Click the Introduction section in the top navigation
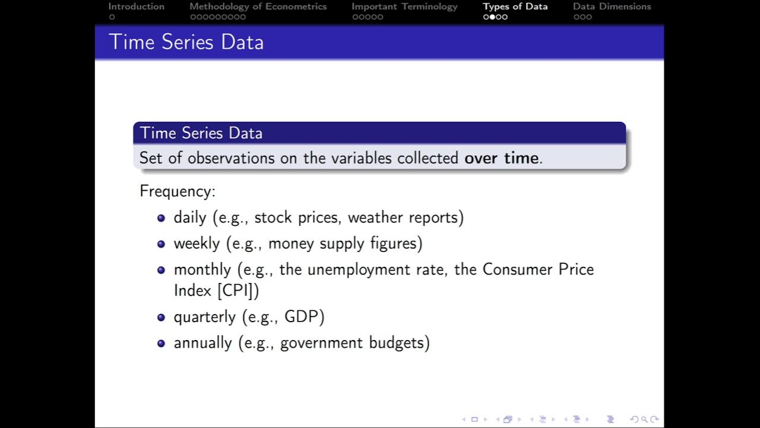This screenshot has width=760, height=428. [x=136, y=7]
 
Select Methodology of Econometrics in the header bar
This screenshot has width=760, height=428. [x=258, y=7]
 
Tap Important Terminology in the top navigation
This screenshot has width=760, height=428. [x=404, y=7]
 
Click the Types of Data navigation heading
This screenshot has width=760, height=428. [x=515, y=7]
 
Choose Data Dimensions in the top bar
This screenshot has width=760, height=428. [x=612, y=7]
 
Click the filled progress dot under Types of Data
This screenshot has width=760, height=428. [x=492, y=17]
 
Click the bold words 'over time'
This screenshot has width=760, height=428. [x=501, y=158]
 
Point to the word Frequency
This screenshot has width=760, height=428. [x=176, y=191]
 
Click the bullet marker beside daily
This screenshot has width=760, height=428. [x=161, y=218]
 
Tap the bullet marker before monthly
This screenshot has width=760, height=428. [x=161, y=270]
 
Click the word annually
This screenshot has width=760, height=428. [x=202, y=343]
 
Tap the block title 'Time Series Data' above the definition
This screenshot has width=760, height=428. [x=201, y=133]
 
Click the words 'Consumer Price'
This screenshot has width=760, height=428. [x=538, y=270]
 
